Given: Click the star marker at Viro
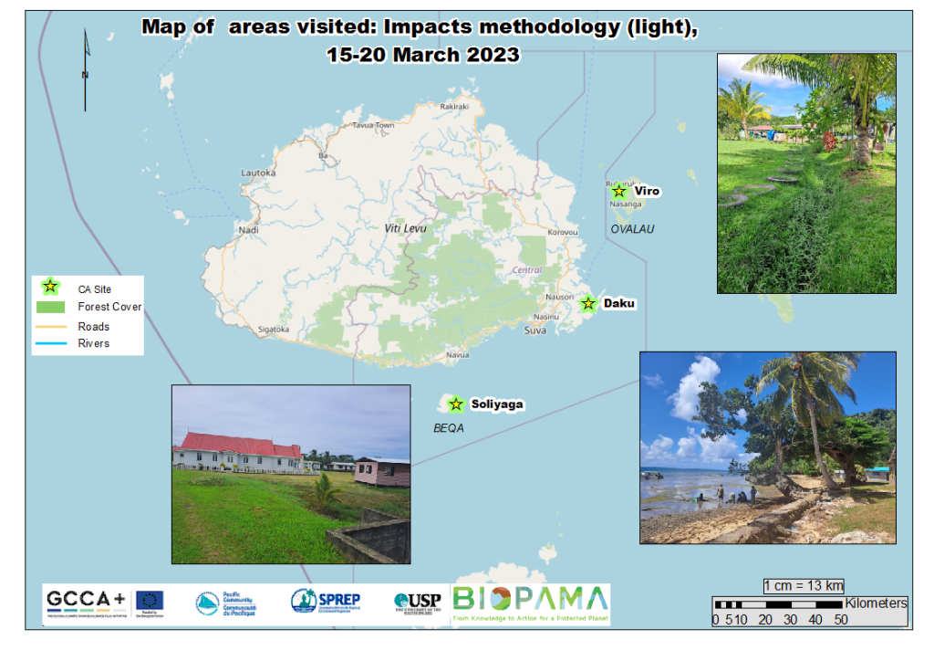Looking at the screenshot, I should coord(618,191).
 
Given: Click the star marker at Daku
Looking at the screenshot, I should coord(588,303).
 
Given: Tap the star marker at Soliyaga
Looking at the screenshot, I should coord(456,404).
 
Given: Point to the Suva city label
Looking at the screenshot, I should coord(535,330).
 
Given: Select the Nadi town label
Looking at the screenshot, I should coord(248,230).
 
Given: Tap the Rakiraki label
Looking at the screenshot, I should coord(453,107).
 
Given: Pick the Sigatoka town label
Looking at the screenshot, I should coord(274,329).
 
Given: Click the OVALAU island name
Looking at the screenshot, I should coord(632,229).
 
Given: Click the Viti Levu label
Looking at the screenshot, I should coord(406,228).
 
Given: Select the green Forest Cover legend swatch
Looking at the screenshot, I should coord(51,307).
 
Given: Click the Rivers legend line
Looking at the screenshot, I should coord(51,343).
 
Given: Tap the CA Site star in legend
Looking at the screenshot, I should coord(51,288).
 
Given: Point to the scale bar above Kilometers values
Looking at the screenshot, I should coord(778,604).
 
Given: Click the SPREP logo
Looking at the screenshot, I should coord(326,601).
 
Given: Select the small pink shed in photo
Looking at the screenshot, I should coord(381,472).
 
